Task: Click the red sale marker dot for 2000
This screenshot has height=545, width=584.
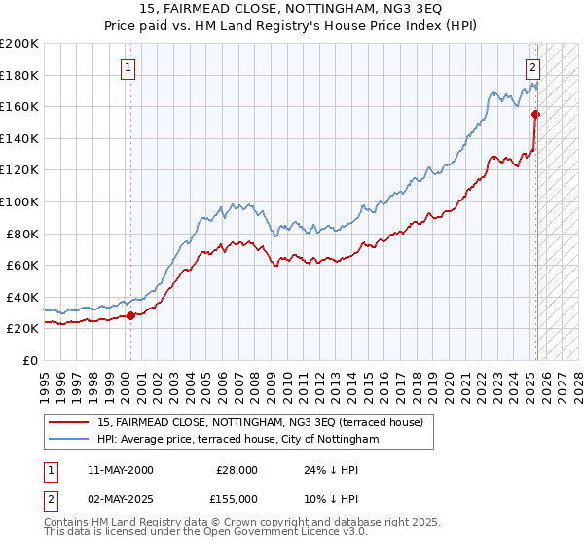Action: point(130,315)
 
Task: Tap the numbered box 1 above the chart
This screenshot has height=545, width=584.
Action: point(129,68)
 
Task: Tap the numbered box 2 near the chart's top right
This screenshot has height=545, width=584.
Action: point(533,68)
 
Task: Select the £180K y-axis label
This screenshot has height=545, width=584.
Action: point(19,75)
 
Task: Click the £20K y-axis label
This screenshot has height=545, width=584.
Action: point(22,329)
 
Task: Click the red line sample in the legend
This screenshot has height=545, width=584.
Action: point(69,423)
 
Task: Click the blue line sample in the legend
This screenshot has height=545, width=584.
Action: point(69,440)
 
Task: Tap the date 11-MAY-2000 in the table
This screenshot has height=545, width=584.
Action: point(121,470)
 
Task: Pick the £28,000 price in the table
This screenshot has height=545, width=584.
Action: point(237,470)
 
